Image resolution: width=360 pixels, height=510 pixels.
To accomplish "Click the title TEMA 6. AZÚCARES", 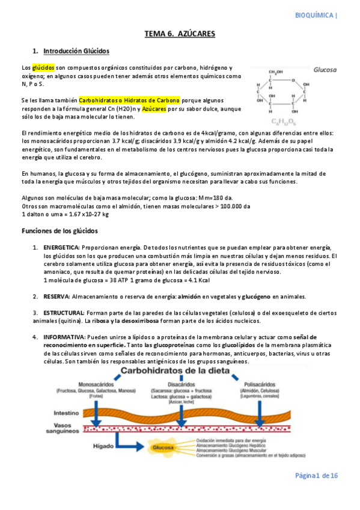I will [180, 34].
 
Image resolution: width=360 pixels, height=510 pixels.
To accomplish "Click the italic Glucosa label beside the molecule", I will [324, 70].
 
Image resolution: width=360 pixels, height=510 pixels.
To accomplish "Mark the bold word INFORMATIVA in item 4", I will [64, 337].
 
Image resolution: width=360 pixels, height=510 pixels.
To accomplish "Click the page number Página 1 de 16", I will [316, 476].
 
